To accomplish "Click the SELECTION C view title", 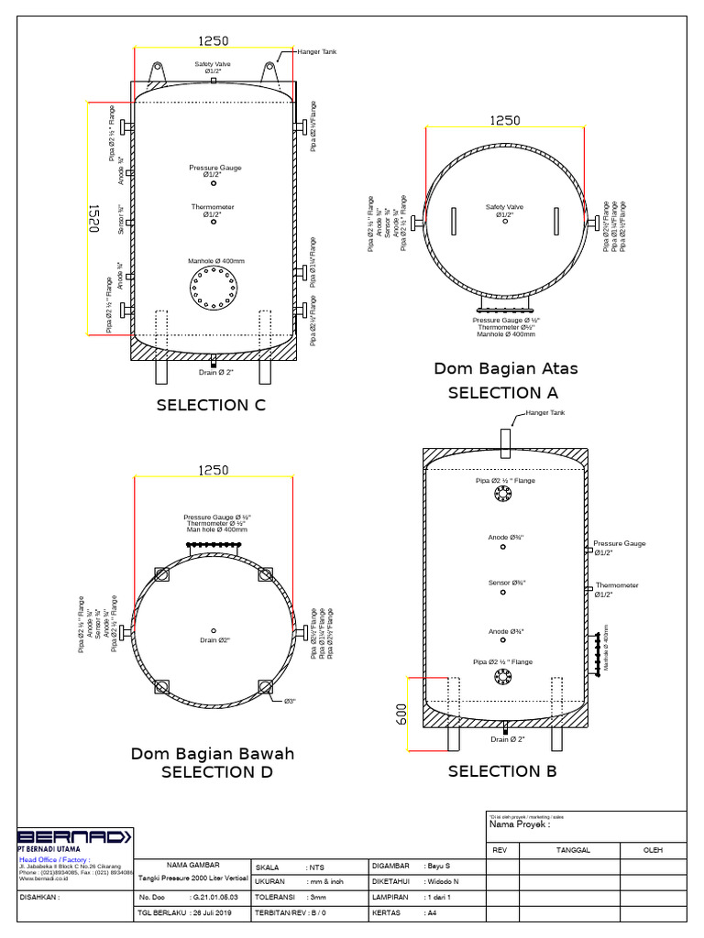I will (211, 405).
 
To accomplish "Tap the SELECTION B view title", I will (502, 771).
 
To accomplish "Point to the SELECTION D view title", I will (216, 772).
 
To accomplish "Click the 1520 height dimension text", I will (93, 219).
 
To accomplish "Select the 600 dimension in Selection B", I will (401, 714).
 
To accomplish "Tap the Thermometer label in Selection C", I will (213, 207).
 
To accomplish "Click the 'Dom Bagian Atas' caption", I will (506, 369).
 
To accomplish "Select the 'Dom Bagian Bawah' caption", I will (213, 754).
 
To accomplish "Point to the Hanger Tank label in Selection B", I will (546, 413).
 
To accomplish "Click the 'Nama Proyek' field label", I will (520, 824).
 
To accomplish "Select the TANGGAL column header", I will (574, 849).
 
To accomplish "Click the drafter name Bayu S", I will (438, 866).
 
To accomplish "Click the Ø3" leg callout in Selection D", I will (289, 702).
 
